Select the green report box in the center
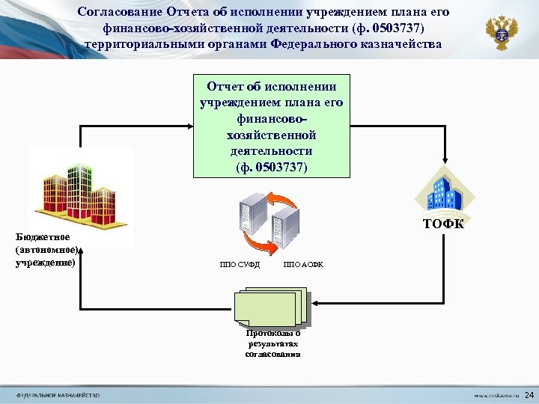click(271, 126)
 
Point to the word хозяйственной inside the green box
click(271, 135)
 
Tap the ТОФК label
click(443, 224)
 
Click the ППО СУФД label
click(240, 265)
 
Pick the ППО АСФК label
click(303, 265)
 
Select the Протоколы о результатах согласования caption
click(273, 343)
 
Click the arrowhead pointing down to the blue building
click(445, 159)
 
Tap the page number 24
click(529, 394)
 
